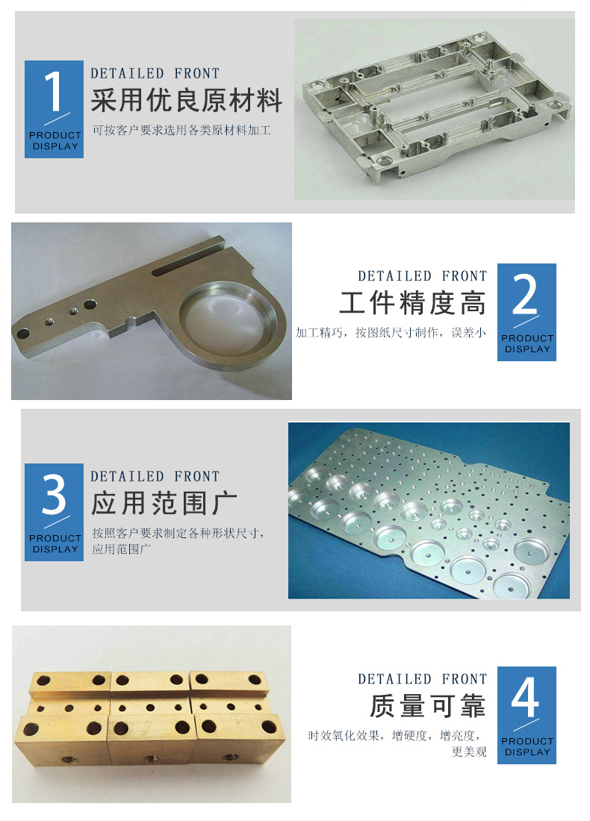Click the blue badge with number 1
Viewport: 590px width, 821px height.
(54, 109)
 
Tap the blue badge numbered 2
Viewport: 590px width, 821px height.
(527, 312)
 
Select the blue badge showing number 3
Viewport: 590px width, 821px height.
(54, 512)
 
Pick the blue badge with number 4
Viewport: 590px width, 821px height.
(527, 715)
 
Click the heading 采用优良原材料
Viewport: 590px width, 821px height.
(187, 101)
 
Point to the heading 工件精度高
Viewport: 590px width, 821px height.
(412, 304)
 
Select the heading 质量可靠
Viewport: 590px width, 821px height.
(428, 706)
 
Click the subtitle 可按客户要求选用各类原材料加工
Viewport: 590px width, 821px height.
(181, 131)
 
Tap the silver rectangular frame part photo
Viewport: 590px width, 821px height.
(433, 109)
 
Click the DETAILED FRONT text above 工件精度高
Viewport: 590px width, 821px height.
(422, 276)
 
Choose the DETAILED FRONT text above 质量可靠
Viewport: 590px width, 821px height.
(422, 679)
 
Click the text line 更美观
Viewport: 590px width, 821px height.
(469, 752)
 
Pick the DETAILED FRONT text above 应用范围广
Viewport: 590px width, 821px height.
(155, 476)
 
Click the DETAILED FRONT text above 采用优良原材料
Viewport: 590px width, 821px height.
(155, 73)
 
